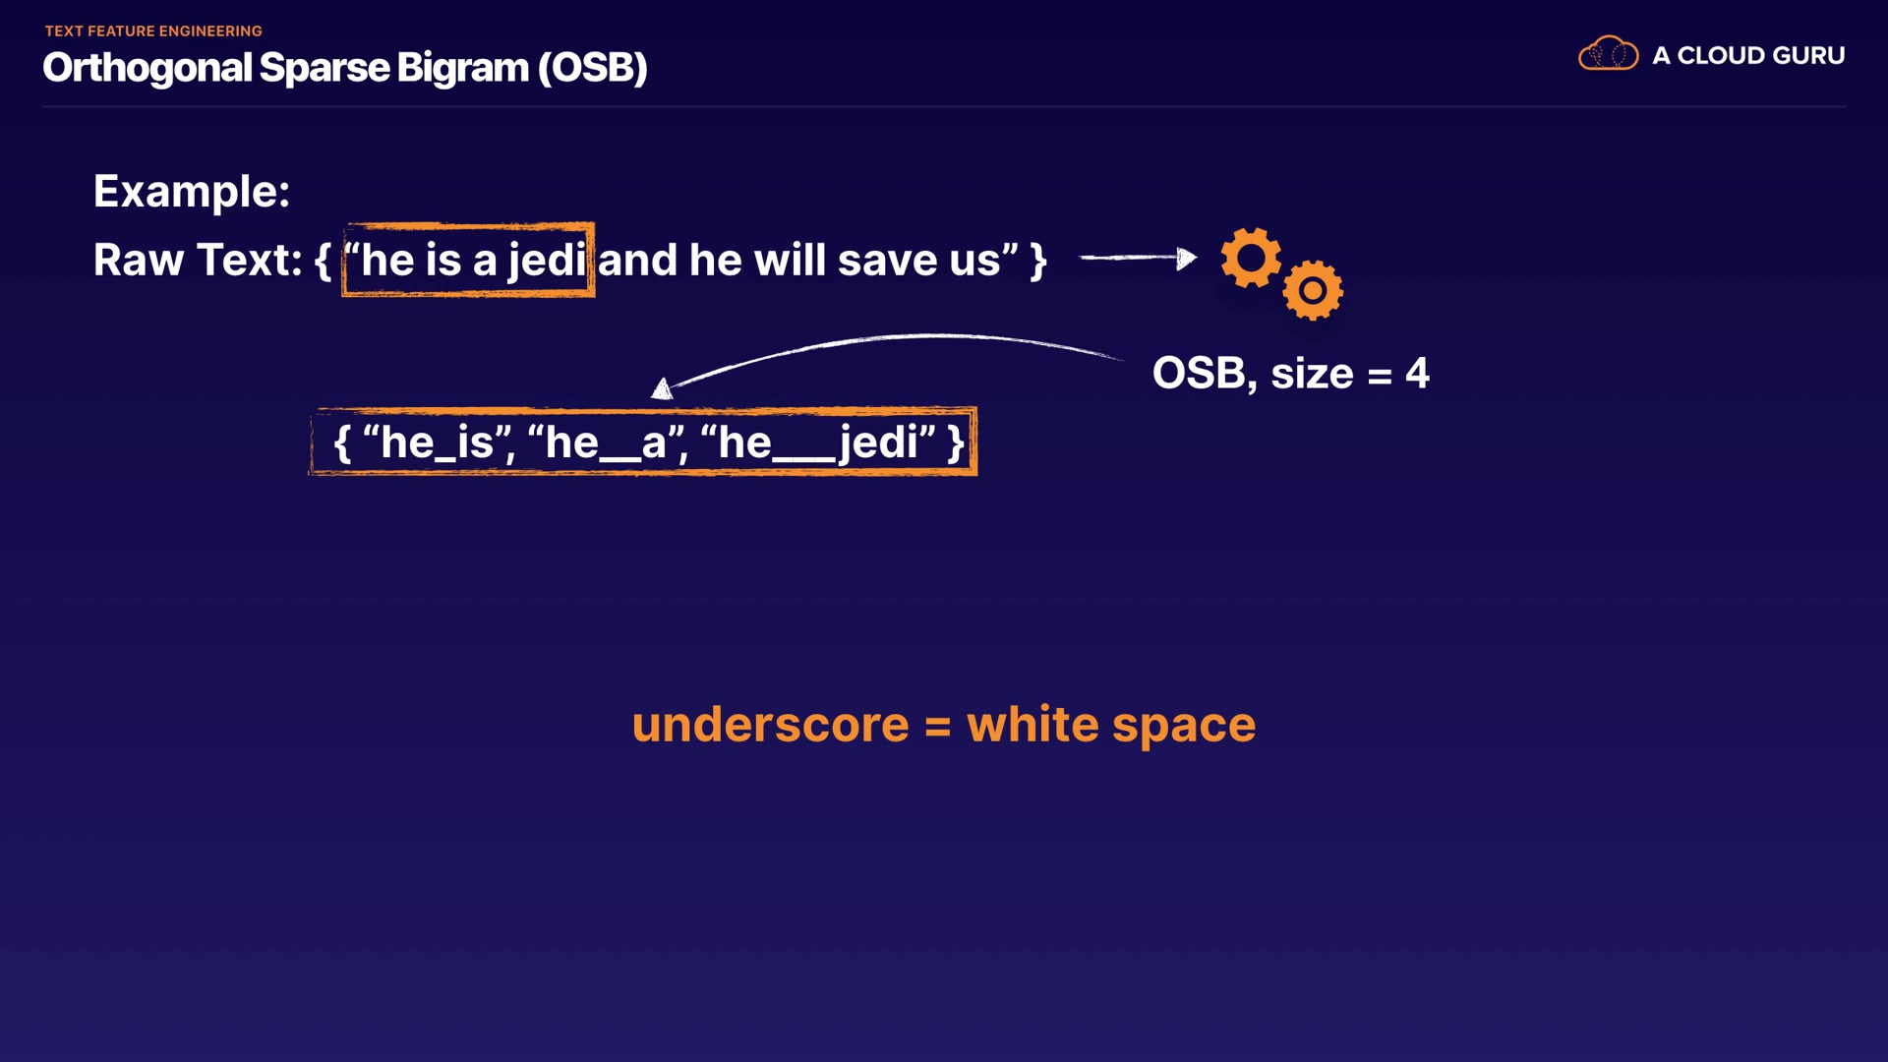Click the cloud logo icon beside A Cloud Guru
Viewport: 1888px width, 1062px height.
click(x=1608, y=53)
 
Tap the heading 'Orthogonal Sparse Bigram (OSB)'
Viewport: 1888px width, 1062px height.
click(x=345, y=68)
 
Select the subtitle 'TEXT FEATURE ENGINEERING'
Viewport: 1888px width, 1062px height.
click(x=153, y=31)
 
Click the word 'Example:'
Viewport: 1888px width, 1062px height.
click(x=192, y=191)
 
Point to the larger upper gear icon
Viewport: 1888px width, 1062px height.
click(x=1251, y=258)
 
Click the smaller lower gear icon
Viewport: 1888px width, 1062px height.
click(x=1313, y=290)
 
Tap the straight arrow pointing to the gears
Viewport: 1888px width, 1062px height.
click(x=1138, y=258)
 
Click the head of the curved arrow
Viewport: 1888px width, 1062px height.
click(x=663, y=389)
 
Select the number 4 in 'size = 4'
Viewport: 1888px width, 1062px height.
click(x=1417, y=374)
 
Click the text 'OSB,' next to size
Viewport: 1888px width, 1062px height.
click(x=1205, y=374)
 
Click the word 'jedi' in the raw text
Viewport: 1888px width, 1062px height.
click(x=547, y=261)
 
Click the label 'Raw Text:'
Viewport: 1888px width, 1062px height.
click(x=198, y=261)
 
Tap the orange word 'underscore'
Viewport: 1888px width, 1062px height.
click(x=770, y=725)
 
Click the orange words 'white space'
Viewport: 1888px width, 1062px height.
click(x=1111, y=726)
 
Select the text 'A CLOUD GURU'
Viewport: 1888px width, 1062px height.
click(x=1748, y=55)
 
